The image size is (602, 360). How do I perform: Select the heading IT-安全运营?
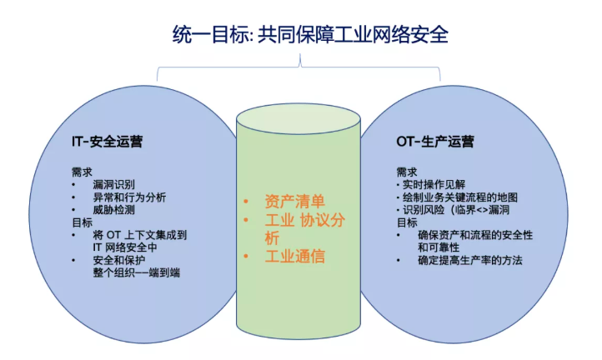(107, 142)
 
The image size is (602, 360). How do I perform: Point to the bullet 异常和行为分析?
(130, 197)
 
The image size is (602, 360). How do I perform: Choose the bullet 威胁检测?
(114, 210)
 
